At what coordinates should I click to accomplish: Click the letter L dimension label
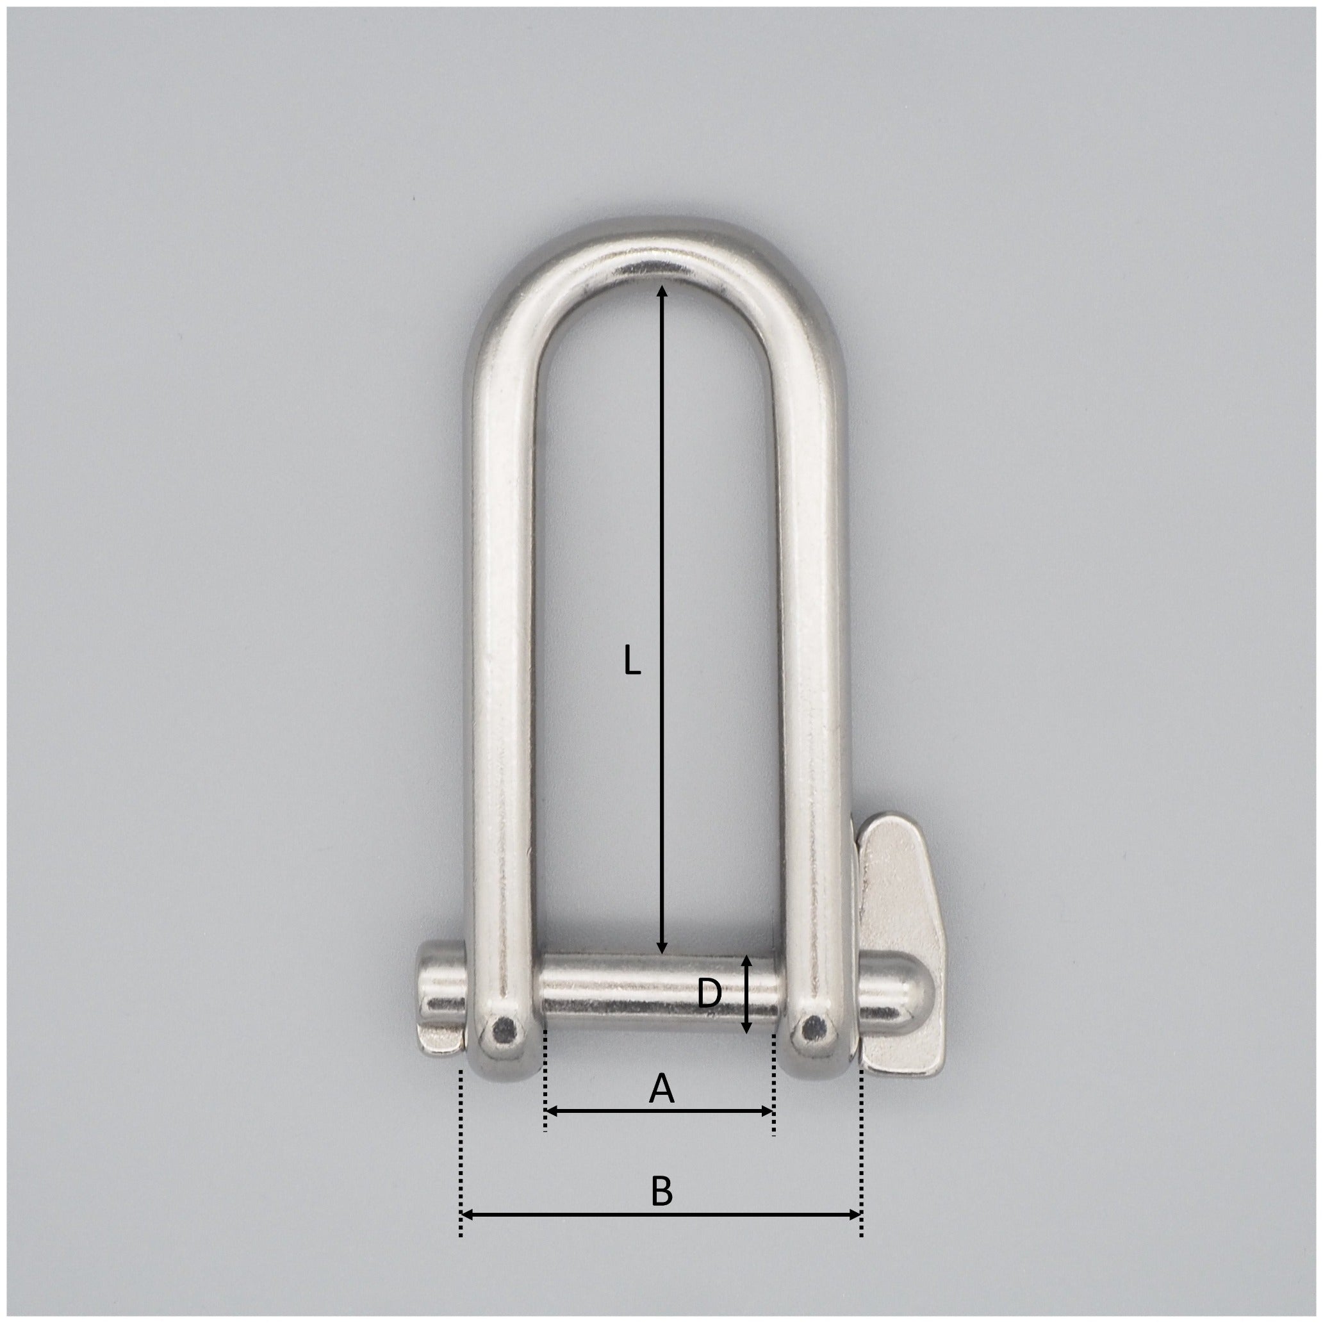coord(632,661)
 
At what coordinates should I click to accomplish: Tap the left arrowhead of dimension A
coord(554,1131)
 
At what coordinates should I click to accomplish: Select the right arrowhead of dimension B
coord(853,1234)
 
